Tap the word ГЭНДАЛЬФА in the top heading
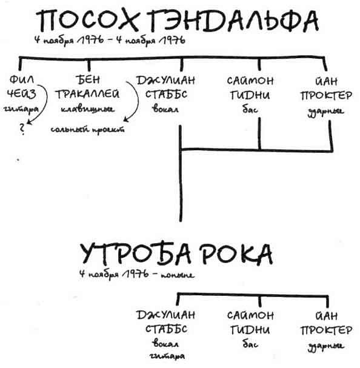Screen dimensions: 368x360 click(x=236, y=22)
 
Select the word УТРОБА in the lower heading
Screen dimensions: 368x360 click(x=128, y=253)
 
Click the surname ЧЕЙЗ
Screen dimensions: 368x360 click(x=22, y=94)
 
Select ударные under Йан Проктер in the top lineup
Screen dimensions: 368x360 click(x=330, y=110)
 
